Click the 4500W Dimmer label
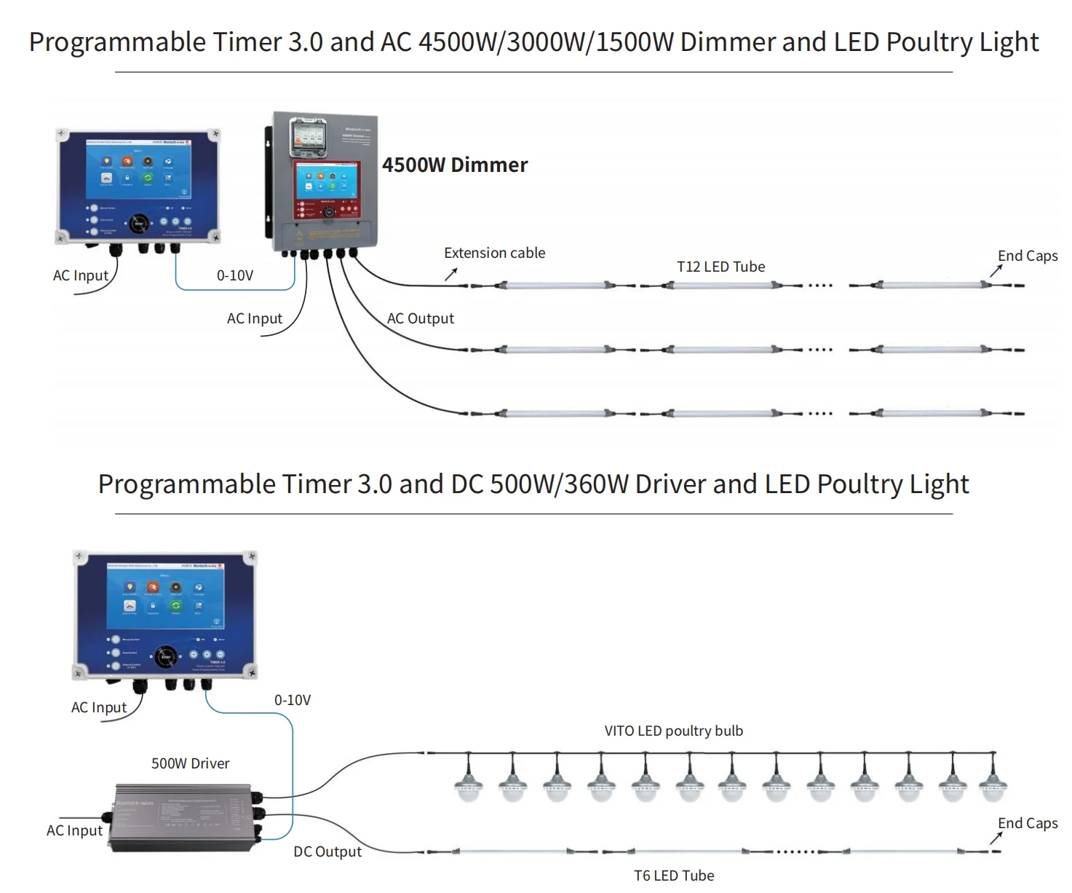455,165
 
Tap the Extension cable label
494,253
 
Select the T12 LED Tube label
720,267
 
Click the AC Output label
420,318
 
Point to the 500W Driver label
190,763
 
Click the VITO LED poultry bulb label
673,731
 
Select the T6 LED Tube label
674,876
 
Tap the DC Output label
327,851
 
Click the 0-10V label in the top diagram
235,275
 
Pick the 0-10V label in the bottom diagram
293,700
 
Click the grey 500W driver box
182,817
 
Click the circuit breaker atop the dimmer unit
309,136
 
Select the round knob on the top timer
139,224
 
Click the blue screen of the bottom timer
165,598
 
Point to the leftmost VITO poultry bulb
468,784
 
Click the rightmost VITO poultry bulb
993,784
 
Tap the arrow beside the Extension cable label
451,274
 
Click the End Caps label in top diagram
1028,256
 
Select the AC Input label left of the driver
74,830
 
